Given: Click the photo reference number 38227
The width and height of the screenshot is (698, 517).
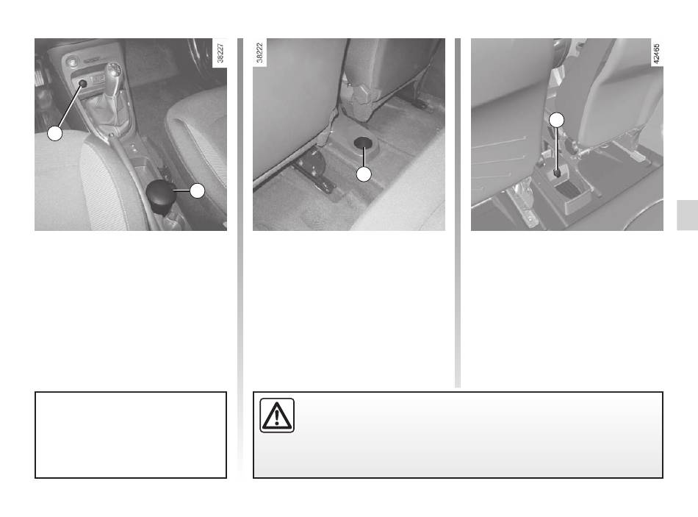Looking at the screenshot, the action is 220,53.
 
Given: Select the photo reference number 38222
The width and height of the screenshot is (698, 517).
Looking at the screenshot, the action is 260,53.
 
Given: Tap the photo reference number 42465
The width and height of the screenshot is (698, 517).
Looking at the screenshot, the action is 657,54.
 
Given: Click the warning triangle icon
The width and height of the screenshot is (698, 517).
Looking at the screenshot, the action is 277,416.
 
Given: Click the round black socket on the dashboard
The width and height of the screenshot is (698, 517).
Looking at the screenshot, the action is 83,83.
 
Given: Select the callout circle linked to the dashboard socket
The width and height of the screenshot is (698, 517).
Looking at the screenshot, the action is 55,133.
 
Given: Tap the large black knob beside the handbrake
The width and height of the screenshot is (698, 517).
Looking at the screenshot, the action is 161,194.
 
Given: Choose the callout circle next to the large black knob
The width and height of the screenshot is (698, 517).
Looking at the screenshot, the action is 197,190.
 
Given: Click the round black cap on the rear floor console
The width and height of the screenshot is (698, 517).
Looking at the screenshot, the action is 364,142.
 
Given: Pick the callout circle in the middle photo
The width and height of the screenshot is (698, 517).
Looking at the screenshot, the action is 364,174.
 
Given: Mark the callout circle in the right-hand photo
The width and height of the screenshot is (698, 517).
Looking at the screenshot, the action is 556,120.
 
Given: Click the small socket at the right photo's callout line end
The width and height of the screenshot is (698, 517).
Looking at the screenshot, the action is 556,174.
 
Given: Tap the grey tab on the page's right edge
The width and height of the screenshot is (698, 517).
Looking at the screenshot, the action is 687,215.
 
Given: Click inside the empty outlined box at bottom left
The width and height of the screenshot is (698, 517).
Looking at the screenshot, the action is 131,435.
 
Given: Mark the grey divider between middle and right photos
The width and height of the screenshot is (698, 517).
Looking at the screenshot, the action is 458,213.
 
